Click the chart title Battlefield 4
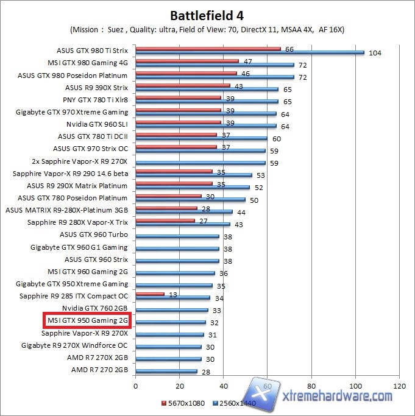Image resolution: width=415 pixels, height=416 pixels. coord(207,15)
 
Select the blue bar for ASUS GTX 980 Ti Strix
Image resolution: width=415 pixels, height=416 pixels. coord(250,53)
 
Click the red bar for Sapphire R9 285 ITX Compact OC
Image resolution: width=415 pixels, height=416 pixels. coord(150,294)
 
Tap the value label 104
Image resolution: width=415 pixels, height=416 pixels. coord(375,53)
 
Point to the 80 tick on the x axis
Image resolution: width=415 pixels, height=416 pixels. coord(311,386)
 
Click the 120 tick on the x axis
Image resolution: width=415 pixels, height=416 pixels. coord(399,386)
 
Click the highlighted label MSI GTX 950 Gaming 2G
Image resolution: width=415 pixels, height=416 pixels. coord(88,320)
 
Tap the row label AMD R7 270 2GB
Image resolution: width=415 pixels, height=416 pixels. coord(99,370)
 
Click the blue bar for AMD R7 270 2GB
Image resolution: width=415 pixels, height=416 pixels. coord(166,371)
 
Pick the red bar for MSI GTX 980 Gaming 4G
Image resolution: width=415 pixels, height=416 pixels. coord(187,61)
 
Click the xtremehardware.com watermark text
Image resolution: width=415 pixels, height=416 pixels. coord(342,397)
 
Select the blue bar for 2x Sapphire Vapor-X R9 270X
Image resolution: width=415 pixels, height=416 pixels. coord(200,163)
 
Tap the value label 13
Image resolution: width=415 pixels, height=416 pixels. coord(172,294)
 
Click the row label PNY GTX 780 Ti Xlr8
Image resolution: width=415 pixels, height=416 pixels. coord(95,100)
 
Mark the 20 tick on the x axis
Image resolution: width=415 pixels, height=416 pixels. coord(179,386)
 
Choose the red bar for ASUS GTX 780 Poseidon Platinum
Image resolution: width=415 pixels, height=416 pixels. coord(168,196)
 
